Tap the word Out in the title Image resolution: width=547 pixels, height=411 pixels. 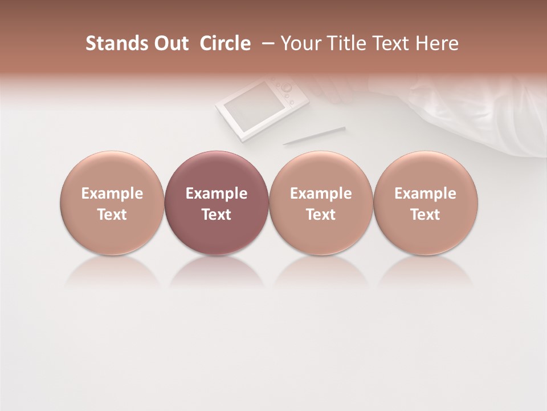(x=170, y=43)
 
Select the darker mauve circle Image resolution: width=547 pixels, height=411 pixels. (x=217, y=203)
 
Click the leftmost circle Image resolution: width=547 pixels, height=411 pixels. (x=112, y=203)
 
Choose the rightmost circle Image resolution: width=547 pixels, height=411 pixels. (x=426, y=203)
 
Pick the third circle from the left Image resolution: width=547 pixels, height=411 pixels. (x=321, y=203)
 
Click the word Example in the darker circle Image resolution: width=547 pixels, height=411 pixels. (x=217, y=194)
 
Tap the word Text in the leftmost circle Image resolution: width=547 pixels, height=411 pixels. (x=112, y=215)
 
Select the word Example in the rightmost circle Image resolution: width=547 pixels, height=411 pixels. (x=426, y=194)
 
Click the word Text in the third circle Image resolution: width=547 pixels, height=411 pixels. (x=321, y=215)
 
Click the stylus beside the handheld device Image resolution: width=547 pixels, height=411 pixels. (x=314, y=136)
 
